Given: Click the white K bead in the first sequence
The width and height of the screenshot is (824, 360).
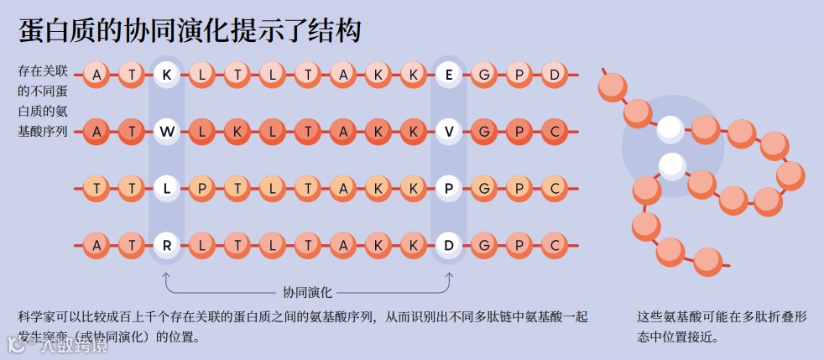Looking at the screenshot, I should [x=167, y=75].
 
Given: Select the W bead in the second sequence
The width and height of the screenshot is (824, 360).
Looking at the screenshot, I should [x=167, y=132].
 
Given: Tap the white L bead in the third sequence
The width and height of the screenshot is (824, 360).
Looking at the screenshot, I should [x=167, y=188].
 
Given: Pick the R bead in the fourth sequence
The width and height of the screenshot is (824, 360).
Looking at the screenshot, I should [x=167, y=245].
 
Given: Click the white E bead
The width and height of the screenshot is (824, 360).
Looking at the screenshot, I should [x=449, y=75].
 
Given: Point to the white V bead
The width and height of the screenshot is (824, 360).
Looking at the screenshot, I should [x=449, y=132].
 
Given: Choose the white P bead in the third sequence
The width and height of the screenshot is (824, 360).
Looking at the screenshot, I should [x=449, y=188].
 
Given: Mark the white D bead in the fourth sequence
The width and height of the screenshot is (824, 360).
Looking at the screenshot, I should [x=449, y=245].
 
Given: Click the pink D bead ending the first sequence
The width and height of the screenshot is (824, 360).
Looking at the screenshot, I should [x=554, y=75].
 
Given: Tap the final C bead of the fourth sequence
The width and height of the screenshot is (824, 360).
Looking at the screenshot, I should [x=554, y=245].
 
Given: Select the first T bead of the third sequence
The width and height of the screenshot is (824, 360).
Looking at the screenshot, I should [x=97, y=188].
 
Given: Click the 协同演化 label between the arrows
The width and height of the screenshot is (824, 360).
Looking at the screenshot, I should [x=308, y=292].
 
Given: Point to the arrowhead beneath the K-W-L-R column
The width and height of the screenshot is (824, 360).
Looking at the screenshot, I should [x=167, y=275].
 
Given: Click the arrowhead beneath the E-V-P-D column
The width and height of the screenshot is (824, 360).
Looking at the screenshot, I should [x=449, y=275].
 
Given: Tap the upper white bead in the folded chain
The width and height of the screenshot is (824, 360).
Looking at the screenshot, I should [x=670, y=128].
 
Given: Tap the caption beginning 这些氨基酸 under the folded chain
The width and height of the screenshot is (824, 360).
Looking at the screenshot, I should [x=722, y=326].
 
